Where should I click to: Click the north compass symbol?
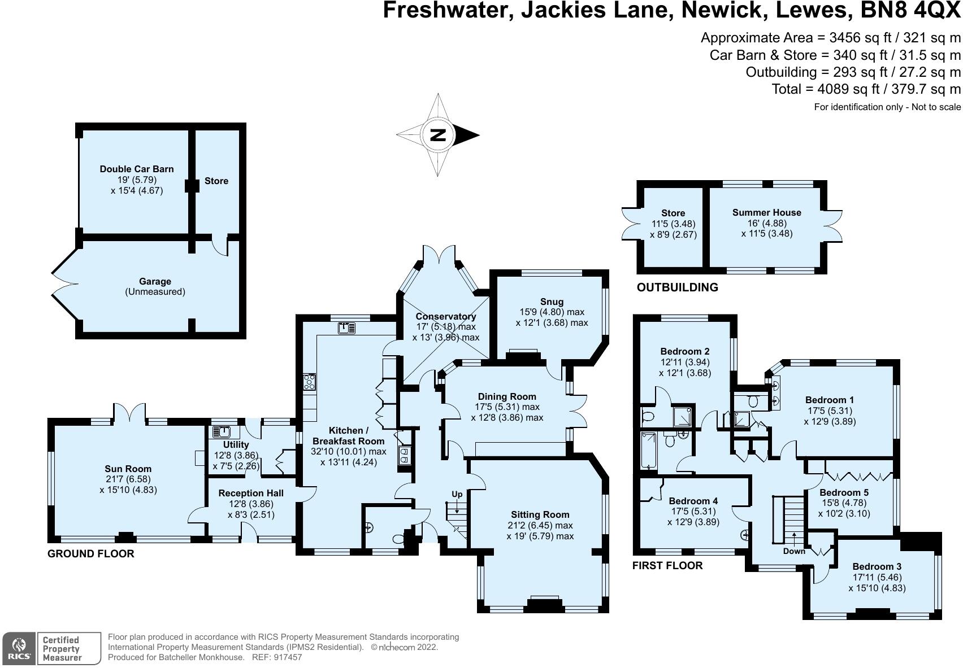click(438, 135)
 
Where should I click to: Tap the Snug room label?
click(552, 302)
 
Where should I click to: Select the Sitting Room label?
click(540, 514)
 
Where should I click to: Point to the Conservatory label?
click(445, 316)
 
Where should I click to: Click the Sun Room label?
click(128, 469)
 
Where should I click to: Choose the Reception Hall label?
click(251, 493)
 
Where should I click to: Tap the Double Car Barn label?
click(137, 169)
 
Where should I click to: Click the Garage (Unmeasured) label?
click(155, 286)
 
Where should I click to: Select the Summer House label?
click(766, 212)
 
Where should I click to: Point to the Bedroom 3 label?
click(877, 566)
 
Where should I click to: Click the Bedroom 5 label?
click(844, 492)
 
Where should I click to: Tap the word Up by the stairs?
click(457, 494)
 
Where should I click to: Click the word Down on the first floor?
click(794, 551)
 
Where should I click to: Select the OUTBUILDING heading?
click(677, 287)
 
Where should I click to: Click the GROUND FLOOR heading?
click(91, 553)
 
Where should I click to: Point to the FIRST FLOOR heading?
click(667, 565)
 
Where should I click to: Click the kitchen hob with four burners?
click(309, 382)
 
